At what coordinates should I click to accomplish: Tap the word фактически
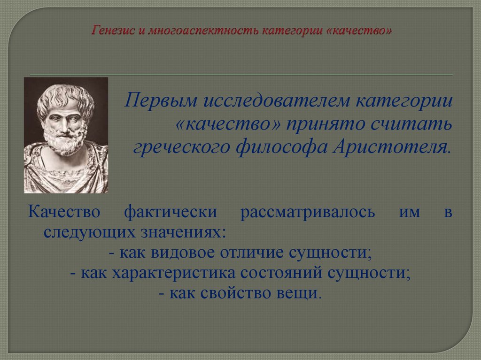click(x=171, y=211)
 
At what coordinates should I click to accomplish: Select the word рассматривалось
click(x=308, y=211)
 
